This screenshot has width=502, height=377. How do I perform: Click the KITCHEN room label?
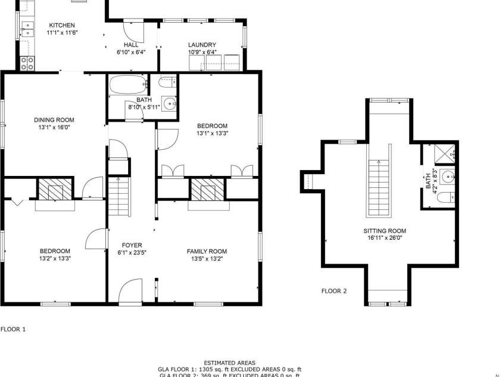point(62,25)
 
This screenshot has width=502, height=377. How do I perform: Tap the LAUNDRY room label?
point(202,45)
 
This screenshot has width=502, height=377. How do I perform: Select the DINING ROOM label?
point(54,120)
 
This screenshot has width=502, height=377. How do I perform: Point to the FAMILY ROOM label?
point(207,251)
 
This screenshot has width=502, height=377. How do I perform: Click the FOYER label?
point(132,245)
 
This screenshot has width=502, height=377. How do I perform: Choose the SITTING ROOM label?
point(385,231)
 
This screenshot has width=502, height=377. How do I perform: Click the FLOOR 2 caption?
point(334,291)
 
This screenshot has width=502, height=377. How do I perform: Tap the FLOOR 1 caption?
point(13,329)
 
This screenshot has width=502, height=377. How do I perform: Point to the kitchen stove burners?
point(27,63)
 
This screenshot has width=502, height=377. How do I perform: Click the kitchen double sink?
point(27,27)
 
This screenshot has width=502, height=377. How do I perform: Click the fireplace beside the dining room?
point(55,190)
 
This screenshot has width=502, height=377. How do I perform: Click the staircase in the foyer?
point(119,196)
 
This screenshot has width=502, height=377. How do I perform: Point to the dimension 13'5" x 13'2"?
point(207,259)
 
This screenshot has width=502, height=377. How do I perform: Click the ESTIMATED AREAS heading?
point(229,363)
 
